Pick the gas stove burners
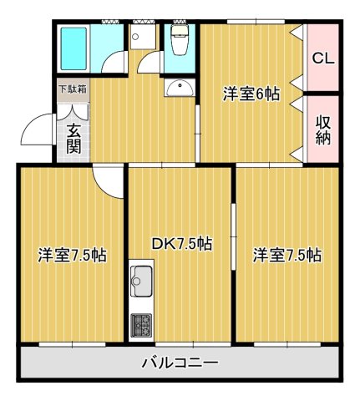point(139,324)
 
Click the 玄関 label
point(74,138)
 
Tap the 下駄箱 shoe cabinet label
point(71,88)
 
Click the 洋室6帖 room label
point(249,94)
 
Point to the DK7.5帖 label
point(180,244)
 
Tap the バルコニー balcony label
point(180,363)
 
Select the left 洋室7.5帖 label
point(71,256)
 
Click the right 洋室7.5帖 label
point(287,256)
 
